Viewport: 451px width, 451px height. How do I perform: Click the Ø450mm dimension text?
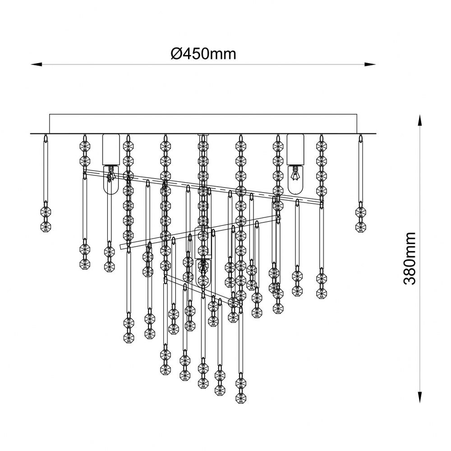pos(203,54)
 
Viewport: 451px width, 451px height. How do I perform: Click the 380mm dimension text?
pos(410,258)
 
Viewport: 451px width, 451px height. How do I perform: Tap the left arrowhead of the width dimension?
pos(37,64)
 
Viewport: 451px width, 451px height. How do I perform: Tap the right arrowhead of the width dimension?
pos(370,64)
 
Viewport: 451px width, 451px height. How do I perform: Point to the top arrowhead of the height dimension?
pos(420,120)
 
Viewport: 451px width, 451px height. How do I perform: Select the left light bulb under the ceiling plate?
pos(111,179)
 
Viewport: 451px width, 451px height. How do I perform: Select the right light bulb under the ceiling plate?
pos(295,179)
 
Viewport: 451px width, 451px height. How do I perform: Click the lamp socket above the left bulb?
pos(111,150)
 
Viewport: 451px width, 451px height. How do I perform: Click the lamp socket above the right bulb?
pos(295,150)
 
